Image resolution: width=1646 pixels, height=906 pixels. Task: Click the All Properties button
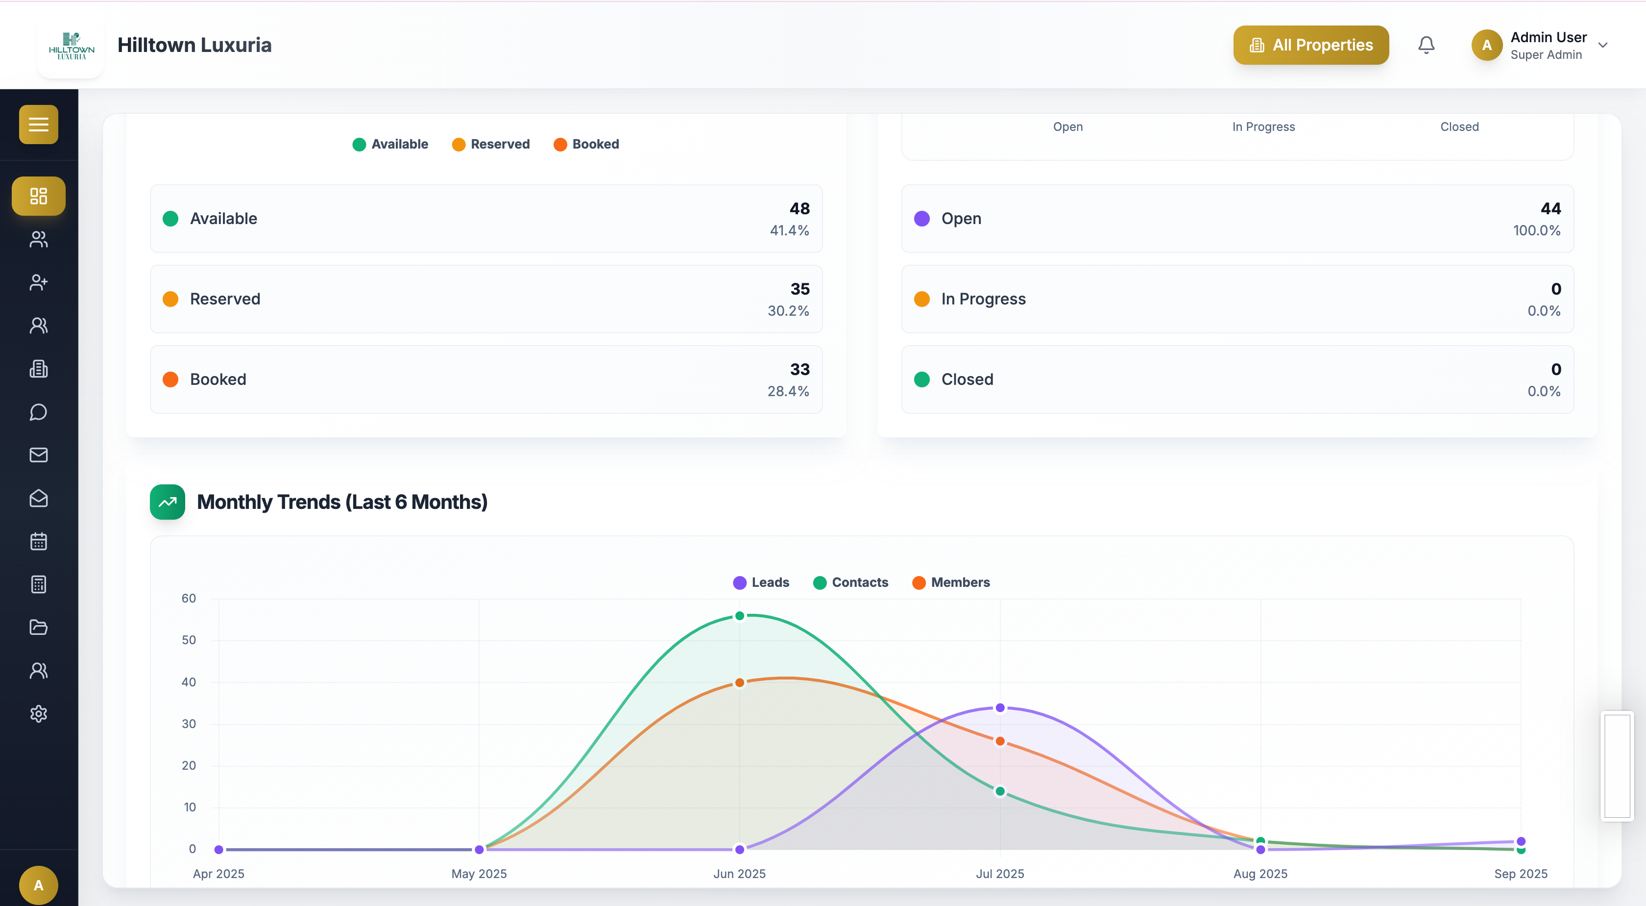pos(1310,45)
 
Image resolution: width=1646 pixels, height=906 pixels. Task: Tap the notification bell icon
pos(1426,45)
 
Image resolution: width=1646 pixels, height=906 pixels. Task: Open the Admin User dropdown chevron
pos(1602,45)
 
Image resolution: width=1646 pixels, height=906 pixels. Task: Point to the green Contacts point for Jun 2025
pos(739,616)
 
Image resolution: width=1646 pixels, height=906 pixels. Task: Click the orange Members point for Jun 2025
pos(739,682)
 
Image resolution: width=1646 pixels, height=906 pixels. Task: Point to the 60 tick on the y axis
pos(189,599)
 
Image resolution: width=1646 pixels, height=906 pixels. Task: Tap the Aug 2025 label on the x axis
pos(1260,873)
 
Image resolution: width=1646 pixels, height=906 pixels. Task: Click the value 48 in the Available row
pos(799,208)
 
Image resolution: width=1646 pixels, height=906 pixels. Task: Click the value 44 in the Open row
pos(1551,208)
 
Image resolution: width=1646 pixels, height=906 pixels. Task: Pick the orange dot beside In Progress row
pos(921,299)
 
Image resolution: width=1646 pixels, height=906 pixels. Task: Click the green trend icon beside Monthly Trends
pos(168,502)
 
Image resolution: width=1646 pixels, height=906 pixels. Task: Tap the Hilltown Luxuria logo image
pos(71,46)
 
